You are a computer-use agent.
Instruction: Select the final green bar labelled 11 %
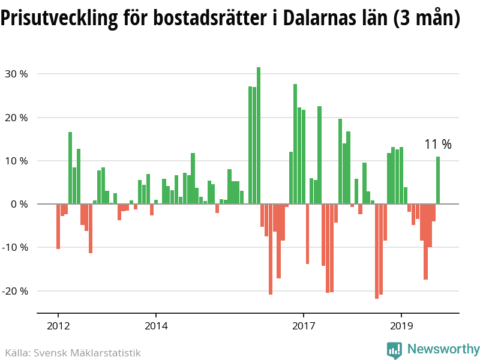coord(438,180)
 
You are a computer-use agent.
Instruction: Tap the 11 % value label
coord(438,145)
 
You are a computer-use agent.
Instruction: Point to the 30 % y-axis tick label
coord(16,74)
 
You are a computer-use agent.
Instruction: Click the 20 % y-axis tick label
coord(16,118)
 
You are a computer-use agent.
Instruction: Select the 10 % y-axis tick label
coord(16,161)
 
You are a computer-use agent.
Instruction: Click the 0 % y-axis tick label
coord(19,204)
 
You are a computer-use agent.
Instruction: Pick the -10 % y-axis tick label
coord(15,247)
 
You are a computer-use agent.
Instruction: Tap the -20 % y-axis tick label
coord(15,291)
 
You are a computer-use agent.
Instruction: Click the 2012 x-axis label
coord(58,327)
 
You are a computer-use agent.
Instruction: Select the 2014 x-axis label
coord(156,327)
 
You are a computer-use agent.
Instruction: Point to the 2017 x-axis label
coord(304,327)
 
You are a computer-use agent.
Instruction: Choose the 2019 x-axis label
coord(401,327)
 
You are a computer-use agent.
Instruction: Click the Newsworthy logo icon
coord(394,350)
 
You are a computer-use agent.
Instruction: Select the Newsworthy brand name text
coord(443,349)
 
